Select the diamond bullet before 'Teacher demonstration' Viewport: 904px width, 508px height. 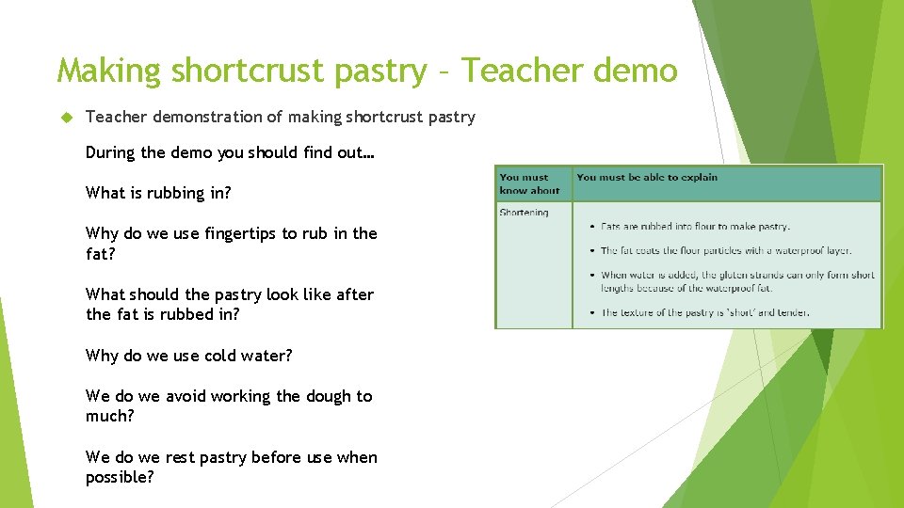pyautogui.click(x=66, y=117)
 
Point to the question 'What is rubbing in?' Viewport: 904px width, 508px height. pyautogui.click(x=157, y=193)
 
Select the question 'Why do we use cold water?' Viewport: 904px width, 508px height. pyautogui.click(x=188, y=356)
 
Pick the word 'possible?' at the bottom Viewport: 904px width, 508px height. pyautogui.click(x=120, y=477)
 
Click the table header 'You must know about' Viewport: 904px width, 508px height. pyautogui.click(x=529, y=183)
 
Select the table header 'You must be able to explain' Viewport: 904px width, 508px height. pyautogui.click(x=646, y=177)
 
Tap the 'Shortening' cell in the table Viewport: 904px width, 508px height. pyautogui.click(x=524, y=213)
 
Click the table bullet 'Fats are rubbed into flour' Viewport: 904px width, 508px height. pyautogui.click(x=695, y=227)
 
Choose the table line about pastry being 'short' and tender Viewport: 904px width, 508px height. pyautogui.click(x=704, y=312)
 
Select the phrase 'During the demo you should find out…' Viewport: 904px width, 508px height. pyautogui.click(x=230, y=152)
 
